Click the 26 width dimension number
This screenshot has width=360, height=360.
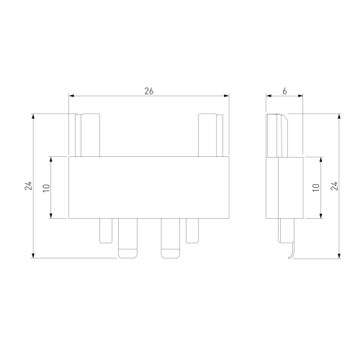149,91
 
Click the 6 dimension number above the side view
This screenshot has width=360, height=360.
284,91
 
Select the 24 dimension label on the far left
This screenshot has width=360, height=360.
28,186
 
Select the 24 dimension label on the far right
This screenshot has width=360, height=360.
334,186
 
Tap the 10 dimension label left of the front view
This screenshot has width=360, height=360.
46,188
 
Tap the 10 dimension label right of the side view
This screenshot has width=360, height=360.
316,187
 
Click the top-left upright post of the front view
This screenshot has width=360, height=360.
87,135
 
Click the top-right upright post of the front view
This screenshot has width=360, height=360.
211,135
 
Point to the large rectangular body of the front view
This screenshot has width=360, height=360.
149,187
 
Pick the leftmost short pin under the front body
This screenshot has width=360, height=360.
106,230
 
